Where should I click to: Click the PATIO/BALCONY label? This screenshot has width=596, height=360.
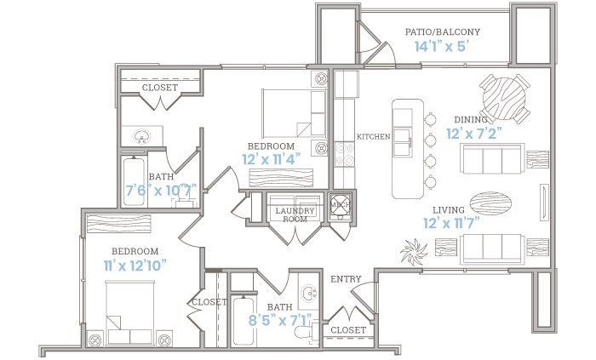(443, 31)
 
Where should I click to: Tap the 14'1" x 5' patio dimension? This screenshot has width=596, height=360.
(440, 46)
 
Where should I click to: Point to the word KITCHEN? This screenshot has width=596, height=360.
(373, 137)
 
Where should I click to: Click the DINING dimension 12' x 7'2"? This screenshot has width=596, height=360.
(474, 134)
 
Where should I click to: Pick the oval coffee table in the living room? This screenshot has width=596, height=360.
(490, 203)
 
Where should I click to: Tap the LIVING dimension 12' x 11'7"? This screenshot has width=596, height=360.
(451, 223)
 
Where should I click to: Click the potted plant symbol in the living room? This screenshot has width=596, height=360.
(414, 251)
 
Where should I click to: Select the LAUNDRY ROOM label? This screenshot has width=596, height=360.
(295, 214)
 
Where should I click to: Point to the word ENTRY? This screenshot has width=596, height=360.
(346, 279)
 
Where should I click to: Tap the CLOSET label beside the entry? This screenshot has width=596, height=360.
(348, 330)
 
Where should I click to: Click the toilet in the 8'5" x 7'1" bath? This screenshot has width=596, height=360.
(307, 329)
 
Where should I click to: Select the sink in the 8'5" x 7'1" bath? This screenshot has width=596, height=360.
(309, 293)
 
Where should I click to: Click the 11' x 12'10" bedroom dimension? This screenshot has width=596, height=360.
(135, 266)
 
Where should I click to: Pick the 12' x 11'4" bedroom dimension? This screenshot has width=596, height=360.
(272, 159)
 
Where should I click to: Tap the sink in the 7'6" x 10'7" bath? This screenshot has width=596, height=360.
(142, 135)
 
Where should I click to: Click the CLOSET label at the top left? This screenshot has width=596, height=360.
(160, 88)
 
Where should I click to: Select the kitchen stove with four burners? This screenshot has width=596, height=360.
(345, 155)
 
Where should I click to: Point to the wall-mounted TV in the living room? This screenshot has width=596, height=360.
(544, 203)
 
